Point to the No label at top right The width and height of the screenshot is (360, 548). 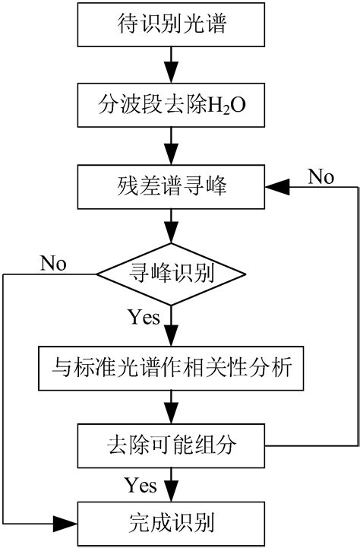tap(321, 178)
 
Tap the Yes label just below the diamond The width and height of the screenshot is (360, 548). tap(144, 316)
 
